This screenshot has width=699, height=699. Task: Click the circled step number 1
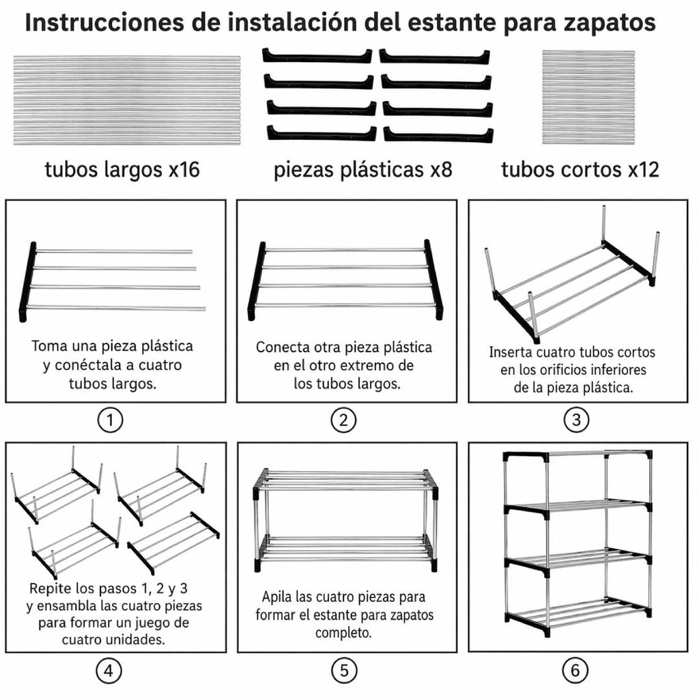coord(110,420)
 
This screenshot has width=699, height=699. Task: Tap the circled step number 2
coord(343,420)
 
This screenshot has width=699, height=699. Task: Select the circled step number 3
coord(576,420)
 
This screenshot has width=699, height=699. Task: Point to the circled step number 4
coord(109,670)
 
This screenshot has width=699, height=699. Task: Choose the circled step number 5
coord(344,670)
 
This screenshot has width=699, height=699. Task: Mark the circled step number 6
coord(575,670)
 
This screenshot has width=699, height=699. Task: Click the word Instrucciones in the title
coord(104,23)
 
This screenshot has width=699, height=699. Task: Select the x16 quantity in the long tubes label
coord(184,169)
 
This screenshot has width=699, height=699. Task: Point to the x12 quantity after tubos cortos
coord(643,169)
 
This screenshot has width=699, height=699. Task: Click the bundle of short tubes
coord(588,97)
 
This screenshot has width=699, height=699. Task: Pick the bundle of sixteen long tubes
coord(127,100)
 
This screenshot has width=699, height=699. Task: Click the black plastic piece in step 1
coord(27,282)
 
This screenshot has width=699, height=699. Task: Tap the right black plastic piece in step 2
coord(434,279)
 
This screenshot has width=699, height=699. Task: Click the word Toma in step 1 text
coord(49,346)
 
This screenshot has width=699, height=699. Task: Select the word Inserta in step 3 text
coord(511,352)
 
